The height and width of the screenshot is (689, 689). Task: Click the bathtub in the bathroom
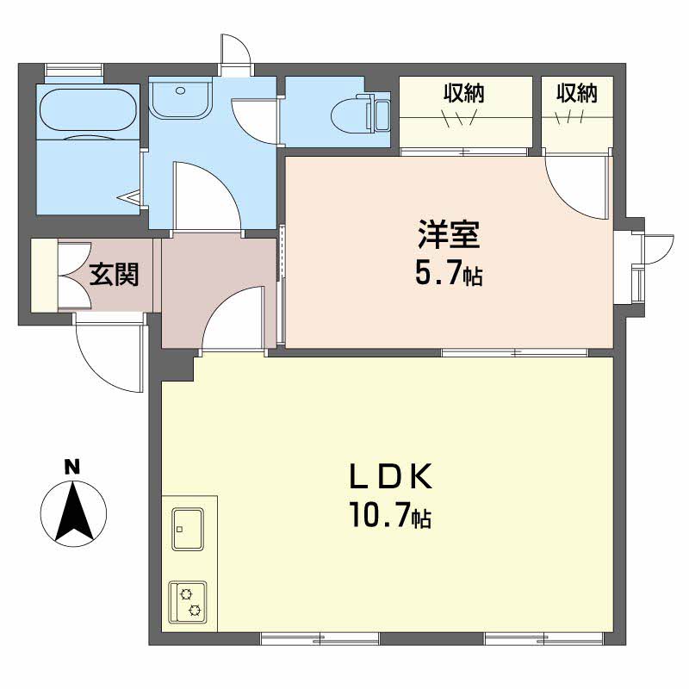pyautogui.click(x=88, y=110)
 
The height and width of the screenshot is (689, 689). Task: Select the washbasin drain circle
pyautogui.click(x=180, y=91)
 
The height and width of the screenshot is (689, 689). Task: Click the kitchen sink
pyautogui.click(x=188, y=529)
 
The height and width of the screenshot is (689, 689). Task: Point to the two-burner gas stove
pyautogui.click(x=188, y=601)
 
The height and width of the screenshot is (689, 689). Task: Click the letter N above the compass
pyautogui.click(x=72, y=466)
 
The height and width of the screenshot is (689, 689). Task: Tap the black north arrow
pyautogui.click(x=74, y=511)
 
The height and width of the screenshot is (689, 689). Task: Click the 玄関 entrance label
pyautogui.click(x=114, y=274)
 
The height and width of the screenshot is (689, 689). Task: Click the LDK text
pyautogui.click(x=391, y=476)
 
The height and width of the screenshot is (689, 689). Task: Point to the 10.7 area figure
pyautogui.click(x=379, y=514)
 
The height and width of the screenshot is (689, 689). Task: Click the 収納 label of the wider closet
pyautogui.click(x=463, y=92)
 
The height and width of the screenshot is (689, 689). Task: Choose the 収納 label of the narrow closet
pyautogui.click(x=576, y=92)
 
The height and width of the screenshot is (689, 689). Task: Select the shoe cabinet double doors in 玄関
pyautogui.click(x=74, y=275)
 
